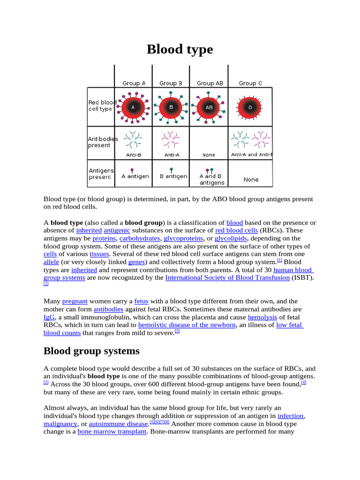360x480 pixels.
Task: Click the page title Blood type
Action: click(180, 49)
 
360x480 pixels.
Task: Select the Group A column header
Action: click(134, 83)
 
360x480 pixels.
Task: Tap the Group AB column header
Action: click(210, 83)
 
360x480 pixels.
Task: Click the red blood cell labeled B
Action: click(171, 107)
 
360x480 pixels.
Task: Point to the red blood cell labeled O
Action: click(250, 107)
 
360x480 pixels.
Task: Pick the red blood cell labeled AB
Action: click(209, 107)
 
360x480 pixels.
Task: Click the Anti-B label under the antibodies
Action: click(134, 155)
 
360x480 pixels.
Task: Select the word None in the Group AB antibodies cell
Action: click(209, 155)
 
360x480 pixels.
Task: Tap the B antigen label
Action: click(173, 176)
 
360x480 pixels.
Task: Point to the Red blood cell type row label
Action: click(102, 105)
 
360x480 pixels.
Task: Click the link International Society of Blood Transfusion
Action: click(227, 277)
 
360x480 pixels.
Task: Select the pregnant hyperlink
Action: click(75, 301)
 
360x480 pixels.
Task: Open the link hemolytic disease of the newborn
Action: click(187, 325)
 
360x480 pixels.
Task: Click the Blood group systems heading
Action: click(91, 351)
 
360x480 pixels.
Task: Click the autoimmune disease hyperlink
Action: click(119, 424)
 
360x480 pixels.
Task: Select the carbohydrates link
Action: click(139, 238)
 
